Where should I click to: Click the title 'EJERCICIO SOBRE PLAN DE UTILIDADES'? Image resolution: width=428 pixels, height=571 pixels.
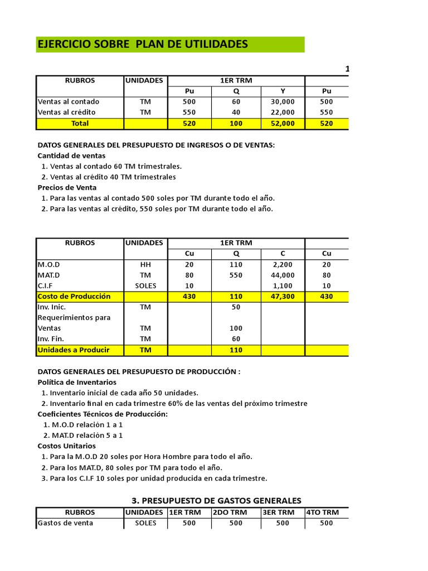tap(143, 44)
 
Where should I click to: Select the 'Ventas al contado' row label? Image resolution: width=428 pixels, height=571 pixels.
tap(68, 101)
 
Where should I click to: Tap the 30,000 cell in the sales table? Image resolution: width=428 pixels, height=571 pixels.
tap(283, 101)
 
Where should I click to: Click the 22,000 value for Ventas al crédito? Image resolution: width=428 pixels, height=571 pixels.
tap(283, 112)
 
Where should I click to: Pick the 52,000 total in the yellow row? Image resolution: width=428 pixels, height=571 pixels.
tap(283, 123)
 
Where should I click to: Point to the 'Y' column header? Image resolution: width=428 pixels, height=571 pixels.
tap(283, 91)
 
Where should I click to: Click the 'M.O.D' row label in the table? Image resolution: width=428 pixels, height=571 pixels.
tap(49, 264)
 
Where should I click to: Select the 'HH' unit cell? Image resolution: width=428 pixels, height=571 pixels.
tap(145, 264)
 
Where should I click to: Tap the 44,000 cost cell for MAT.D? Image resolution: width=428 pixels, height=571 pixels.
tap(283, 275)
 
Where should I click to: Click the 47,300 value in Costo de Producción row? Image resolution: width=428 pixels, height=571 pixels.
tap(283, 296)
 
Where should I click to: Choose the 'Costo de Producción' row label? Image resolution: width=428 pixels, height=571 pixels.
tap(74, 296)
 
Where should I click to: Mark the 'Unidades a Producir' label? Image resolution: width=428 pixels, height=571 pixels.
tap(73, 350)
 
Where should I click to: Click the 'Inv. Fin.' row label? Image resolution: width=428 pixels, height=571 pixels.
tap(51, 338)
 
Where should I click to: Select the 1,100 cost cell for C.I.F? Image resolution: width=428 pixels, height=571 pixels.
tap(283, 285)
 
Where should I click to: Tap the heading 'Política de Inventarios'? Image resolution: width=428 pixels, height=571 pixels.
tap(77, 382)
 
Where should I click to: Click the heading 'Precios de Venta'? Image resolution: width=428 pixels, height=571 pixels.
tap(67, 187)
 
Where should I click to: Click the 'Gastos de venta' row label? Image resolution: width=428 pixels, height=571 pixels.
tap(65, 523)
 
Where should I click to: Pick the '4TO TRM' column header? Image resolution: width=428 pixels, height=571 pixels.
tap(326, 512)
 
